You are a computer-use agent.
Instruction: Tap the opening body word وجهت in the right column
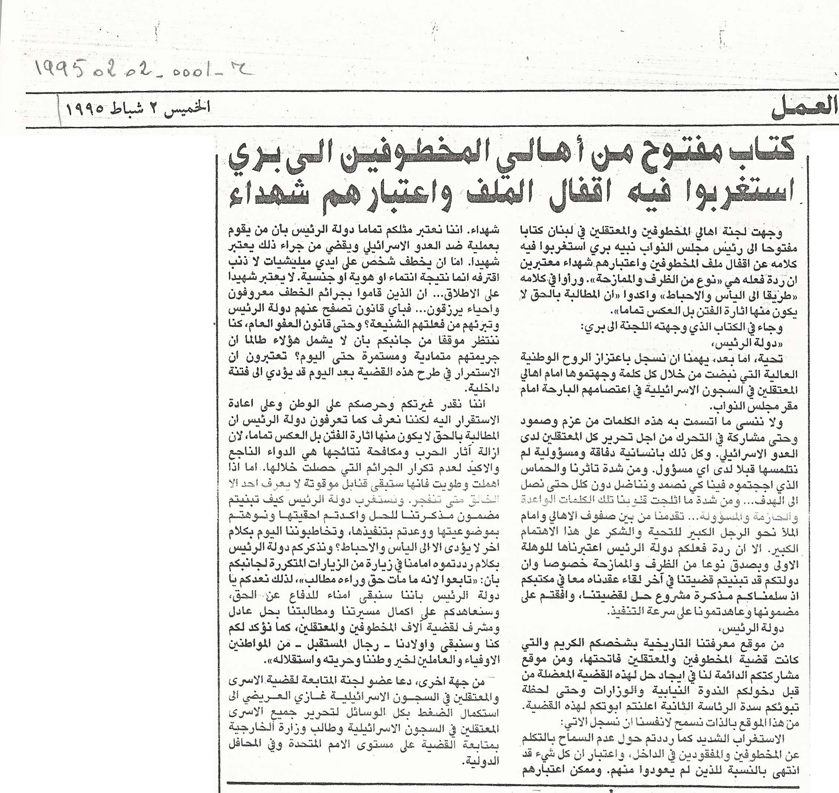[766, 233]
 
